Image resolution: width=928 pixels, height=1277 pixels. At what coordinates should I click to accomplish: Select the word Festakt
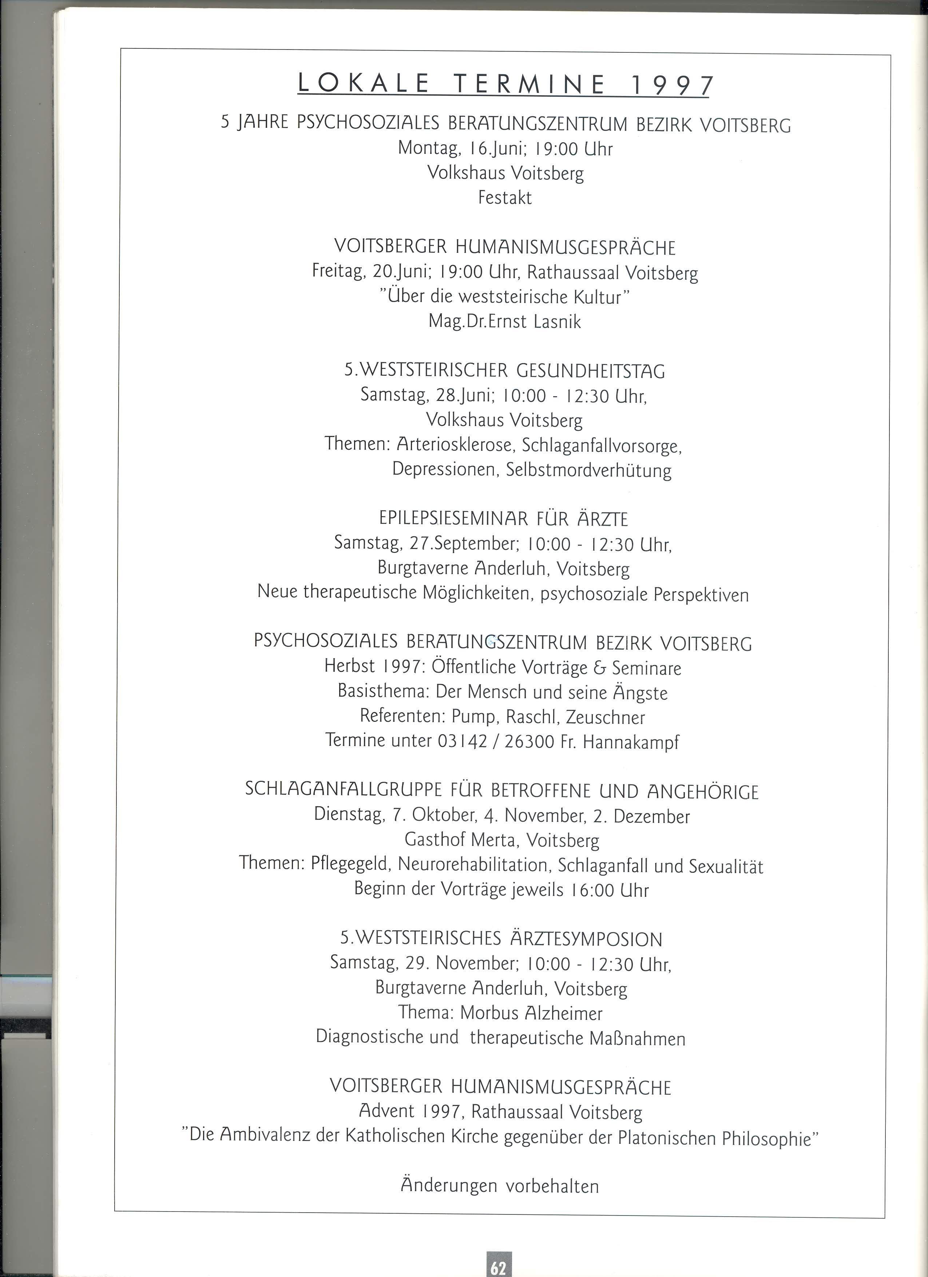pyautogui.click(x=504, y=198)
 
